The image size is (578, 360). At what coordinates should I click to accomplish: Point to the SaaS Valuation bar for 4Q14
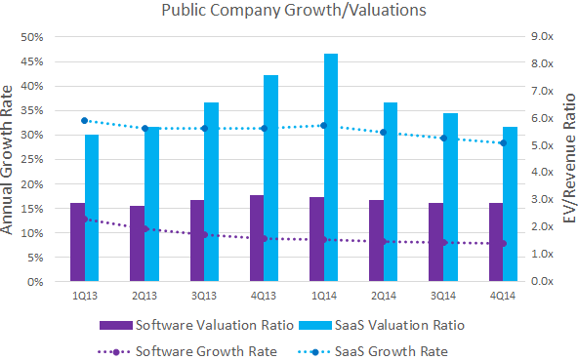(x=511, y=204)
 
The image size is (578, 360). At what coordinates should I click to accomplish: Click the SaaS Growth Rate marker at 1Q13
(x=85, y=120)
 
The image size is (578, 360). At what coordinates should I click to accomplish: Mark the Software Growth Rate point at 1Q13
(x=85, y=219)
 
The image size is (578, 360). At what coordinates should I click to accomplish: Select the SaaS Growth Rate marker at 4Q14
(x=504, y=143)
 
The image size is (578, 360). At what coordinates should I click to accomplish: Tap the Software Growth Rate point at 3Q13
(x=204, y=235)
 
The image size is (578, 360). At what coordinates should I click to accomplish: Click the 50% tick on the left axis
(x=33, y=37)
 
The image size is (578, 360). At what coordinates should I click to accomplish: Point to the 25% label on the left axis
(x=33, y=160)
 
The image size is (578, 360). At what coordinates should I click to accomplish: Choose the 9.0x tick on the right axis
(x=541, y=37)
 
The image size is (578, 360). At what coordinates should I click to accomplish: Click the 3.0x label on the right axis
(x=541, y=200)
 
